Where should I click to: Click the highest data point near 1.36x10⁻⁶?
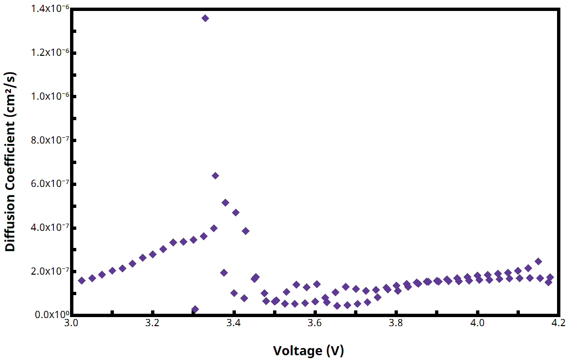tap(205, 18)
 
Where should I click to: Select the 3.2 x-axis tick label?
tap(152, 323)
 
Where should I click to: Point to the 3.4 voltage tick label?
tap(234, 323)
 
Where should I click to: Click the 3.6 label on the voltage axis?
tap(315, 323)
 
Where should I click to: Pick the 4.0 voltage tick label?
tap(477, 323)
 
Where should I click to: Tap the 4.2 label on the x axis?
tap(558, 323)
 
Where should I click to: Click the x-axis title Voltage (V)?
tap(308, 351)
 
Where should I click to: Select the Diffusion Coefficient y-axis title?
tap(10, 162)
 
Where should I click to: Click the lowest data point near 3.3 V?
tap(194, 309)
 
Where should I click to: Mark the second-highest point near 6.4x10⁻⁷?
tap(215, 175)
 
